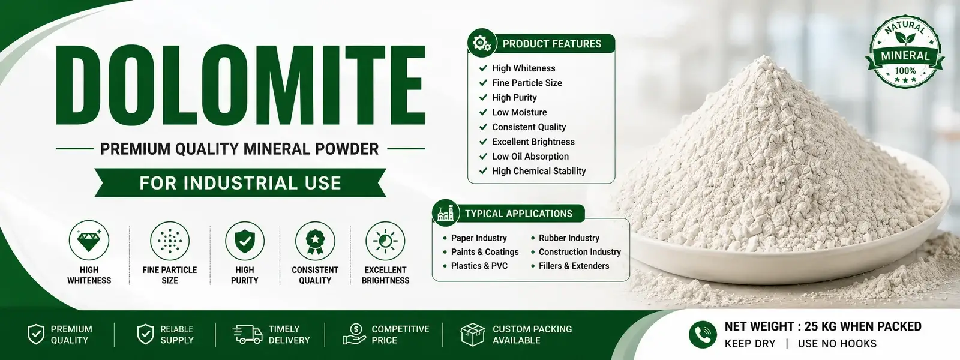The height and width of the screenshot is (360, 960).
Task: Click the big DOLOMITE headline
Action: click(x=241, y=85)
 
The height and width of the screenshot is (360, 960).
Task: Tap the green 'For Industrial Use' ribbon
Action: click(x=241, y=182)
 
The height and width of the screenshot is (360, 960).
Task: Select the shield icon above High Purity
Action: click(x=245, y=241)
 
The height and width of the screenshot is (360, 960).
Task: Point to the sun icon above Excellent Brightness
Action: click(x=385, y=241)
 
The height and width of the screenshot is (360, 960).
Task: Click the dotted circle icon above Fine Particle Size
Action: click(x=170, y=241)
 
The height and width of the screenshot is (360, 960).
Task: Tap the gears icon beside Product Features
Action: click(x=482, y=43)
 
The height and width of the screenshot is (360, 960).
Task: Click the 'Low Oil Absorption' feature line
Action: click(x=530, y=157)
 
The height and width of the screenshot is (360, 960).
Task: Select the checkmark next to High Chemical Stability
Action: click(x=483, y=170)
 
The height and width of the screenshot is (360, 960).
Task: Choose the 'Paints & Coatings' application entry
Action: click(x=485, y=252)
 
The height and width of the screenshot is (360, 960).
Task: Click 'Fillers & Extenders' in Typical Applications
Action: click(x=574, y=266)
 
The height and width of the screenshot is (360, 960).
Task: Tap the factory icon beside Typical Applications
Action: click(x=446, y=213)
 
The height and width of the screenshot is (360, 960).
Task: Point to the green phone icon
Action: click(x=703, y=334)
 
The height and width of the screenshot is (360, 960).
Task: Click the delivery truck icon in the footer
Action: click(x=247, y=334)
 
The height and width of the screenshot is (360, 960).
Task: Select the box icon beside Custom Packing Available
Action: click(x=472, y=334)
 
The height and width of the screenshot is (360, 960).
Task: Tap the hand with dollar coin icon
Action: click(x=354, y=334)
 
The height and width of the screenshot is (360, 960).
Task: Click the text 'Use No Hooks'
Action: click(x=837, y=344)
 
